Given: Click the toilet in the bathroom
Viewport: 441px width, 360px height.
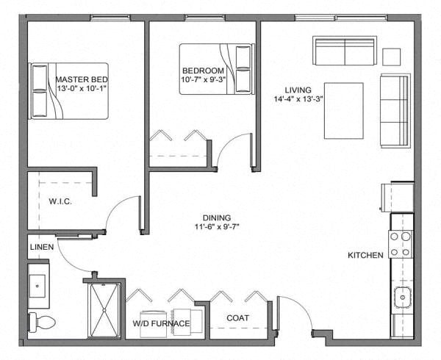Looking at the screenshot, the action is [41, 322].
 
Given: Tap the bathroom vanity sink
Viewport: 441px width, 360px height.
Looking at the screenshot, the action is [37, 286].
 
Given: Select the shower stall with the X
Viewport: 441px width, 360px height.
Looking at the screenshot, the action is [104, 310].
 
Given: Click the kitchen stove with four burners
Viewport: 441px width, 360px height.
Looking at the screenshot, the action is [401, 244].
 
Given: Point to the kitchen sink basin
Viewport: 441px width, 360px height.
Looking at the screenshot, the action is [403, 298].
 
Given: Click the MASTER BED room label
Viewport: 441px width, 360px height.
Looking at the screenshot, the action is [82, 79].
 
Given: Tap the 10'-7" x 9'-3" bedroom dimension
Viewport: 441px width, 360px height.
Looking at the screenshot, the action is [204, 79].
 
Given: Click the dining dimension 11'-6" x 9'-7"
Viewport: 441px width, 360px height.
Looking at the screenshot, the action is [217, 226].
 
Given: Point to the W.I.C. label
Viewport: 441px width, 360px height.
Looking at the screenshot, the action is [60, 201].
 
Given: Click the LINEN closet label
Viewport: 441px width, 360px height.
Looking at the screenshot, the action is [42, 247].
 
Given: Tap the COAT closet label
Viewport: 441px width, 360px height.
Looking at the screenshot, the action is [237, 318].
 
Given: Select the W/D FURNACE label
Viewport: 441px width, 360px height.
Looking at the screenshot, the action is [161, 323].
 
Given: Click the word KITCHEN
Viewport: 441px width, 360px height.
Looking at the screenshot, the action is [365, 255].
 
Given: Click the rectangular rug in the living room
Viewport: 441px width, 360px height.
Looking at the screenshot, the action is [344, 111].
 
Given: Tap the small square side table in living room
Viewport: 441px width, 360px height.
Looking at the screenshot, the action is [392, 57].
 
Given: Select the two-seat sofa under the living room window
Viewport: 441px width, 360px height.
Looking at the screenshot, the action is [345, 51].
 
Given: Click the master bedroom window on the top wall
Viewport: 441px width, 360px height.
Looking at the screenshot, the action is [110, 18].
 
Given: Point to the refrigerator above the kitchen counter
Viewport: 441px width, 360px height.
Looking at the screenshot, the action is [397, 197].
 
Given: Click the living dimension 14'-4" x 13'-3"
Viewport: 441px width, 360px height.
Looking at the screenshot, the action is [298, 99].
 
